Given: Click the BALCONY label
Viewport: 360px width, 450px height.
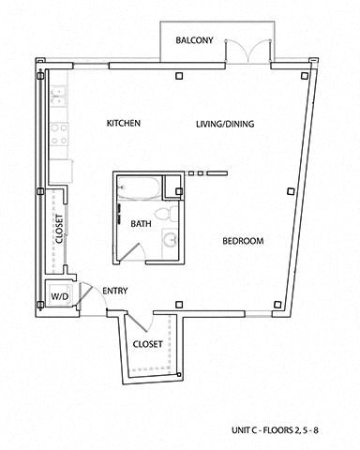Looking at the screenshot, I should [194, 40].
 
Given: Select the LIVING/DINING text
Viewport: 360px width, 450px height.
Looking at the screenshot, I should [225, 124].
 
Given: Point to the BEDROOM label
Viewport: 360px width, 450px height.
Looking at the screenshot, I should [242, 241].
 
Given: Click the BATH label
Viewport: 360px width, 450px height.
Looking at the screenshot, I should [141, 224].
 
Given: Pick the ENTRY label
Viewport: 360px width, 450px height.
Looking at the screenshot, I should [114, 291].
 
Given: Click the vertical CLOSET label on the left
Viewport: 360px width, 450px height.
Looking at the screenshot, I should [59, 229].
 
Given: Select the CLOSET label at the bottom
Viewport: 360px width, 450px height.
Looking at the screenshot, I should [148, 344].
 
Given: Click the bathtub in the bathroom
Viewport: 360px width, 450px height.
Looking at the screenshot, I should [139, 190].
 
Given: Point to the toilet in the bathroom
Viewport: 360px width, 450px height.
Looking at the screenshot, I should [165, 215].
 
